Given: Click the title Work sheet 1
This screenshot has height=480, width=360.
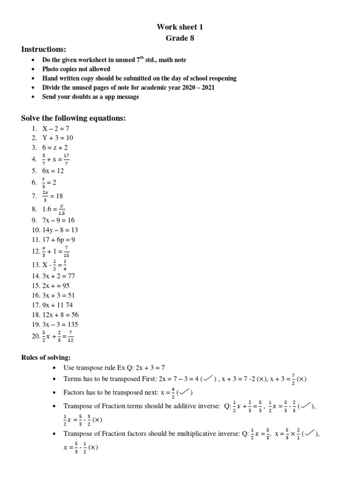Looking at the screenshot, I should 180,27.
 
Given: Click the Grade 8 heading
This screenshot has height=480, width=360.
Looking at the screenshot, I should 180,38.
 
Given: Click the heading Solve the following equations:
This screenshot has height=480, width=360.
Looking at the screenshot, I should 74,118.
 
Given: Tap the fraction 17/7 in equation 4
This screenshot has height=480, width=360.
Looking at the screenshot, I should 66,160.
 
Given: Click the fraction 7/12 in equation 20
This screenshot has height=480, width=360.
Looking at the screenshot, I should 71,337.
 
